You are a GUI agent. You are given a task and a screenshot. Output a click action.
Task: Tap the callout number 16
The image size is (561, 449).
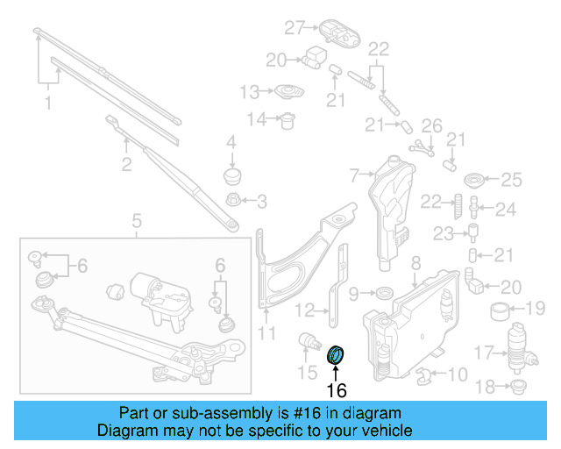337,389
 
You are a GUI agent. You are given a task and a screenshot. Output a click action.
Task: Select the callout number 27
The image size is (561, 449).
294,27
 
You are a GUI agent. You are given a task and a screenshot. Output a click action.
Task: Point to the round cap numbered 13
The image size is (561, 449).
287,91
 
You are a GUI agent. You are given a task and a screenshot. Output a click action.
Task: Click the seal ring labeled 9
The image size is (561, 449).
384,291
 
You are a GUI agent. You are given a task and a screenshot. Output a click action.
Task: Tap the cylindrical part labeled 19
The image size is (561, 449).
501,309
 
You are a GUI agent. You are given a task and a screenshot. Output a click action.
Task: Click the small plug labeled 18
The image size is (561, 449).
517,386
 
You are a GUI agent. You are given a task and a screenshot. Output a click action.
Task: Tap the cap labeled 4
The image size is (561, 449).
232,175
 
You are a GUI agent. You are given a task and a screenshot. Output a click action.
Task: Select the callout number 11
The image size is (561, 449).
266,332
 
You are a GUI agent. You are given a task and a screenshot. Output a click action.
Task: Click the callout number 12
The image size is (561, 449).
303,309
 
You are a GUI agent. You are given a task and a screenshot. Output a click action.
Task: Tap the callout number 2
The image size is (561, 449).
126,163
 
